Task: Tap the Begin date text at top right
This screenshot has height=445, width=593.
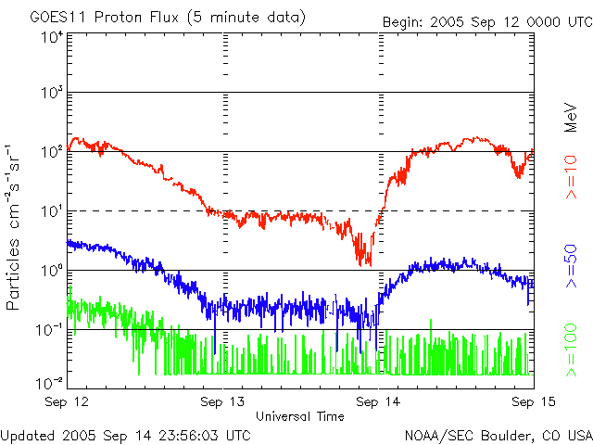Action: click(x=486, y=20)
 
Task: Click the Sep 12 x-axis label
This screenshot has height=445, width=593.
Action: click(x=68, y=400)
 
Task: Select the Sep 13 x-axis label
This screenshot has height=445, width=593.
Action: click(x=223, y=400)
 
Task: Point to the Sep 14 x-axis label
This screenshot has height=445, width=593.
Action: click(x=379, y=400)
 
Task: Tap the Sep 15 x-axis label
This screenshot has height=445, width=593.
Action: click(x=532, y=400)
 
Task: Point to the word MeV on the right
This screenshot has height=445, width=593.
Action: click(x=572, y=116)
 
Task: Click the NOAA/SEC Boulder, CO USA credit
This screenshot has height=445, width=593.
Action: click(x=498, y=434)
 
